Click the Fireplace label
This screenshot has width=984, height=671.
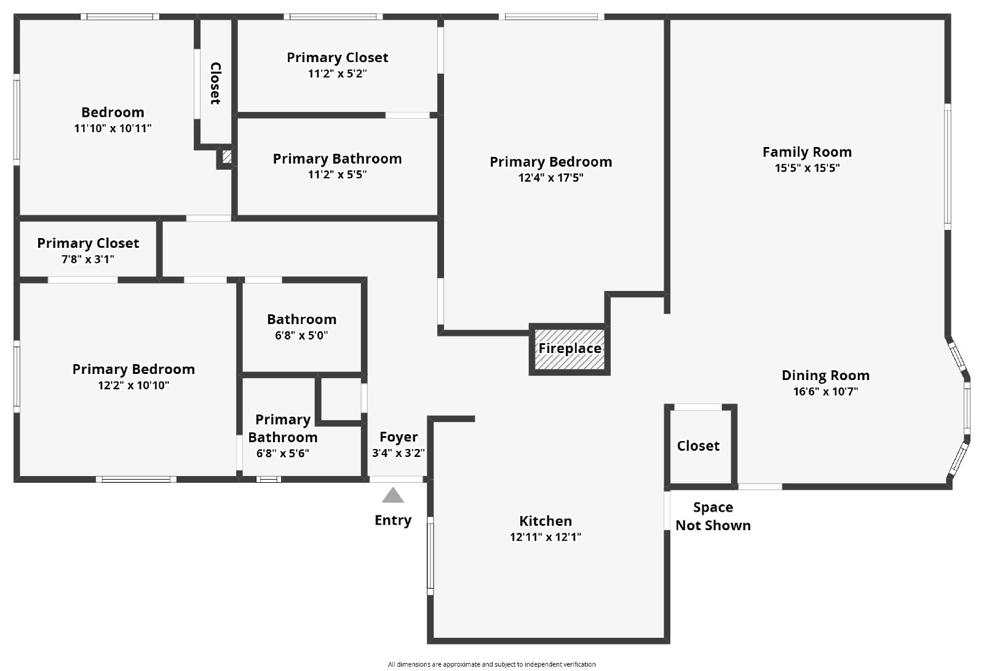(569, 349)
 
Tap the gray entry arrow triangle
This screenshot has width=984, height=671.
(393, 495)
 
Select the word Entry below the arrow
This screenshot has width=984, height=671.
(393, 520)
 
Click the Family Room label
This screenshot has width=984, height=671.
(807, 152)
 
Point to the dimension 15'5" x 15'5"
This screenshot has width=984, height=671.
(807, 168)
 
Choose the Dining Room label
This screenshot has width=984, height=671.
(825, 375)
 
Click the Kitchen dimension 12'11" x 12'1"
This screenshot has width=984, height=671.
(546, 537)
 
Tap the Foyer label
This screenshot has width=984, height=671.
(399, 437)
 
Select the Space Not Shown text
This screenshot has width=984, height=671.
(713, 516)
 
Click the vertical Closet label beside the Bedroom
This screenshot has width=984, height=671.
(215, 83)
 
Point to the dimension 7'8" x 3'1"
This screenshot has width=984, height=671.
(88, 260)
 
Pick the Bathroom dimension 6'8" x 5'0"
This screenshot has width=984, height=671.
(301, 336)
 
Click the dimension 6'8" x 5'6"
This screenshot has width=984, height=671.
(283, 454)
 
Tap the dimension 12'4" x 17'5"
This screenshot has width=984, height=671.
(550, 178)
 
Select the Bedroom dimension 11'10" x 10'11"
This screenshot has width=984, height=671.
(113, 129)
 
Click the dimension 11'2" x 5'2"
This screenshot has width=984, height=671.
(337, 74)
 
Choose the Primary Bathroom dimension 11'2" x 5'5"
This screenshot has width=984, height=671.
(337, 175)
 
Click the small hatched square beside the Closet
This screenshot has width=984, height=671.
(226, 157)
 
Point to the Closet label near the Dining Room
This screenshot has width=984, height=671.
(698, 446)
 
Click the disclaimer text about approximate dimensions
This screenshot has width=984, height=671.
(491, 664)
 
